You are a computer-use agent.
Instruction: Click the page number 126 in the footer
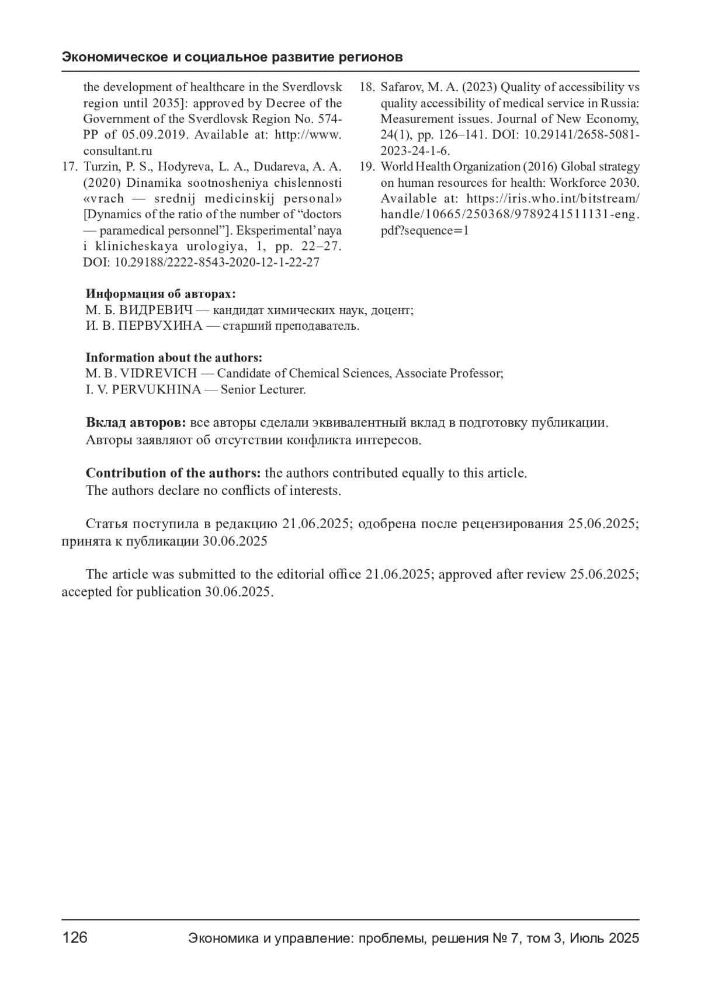click(x=75, y=938)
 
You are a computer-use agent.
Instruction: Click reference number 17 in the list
click(x=70, y=167)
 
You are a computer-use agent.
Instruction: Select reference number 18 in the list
click(x=366, y=88)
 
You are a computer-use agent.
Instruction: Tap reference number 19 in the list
click(x=366, y=167)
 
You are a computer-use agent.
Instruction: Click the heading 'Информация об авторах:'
click(x=161, y=294)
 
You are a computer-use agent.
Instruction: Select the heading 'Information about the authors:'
click(x=174, y=357)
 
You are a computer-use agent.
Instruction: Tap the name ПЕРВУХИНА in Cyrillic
click(x=160, y=326)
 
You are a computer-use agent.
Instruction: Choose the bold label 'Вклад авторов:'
click(x=136, y=423)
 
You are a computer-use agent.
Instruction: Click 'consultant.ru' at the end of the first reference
click(x=117, y=151)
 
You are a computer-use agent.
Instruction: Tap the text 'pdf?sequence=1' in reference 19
click(x=425, y=231)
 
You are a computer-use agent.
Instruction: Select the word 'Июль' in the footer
click(x=587, y=938)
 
